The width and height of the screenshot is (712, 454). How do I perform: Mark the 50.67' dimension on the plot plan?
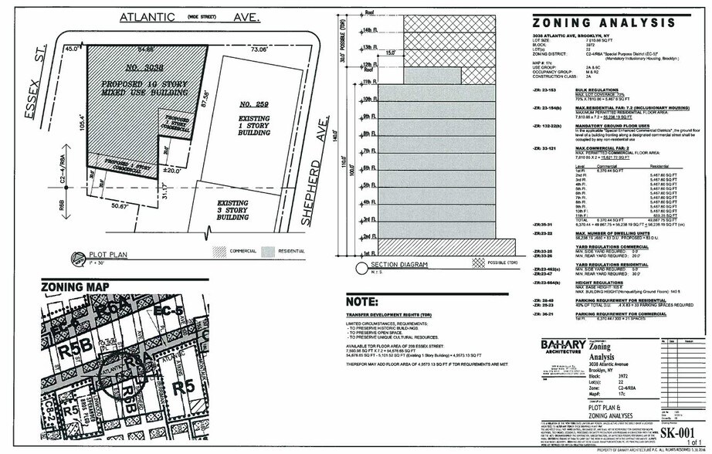[x=119, y=207]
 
